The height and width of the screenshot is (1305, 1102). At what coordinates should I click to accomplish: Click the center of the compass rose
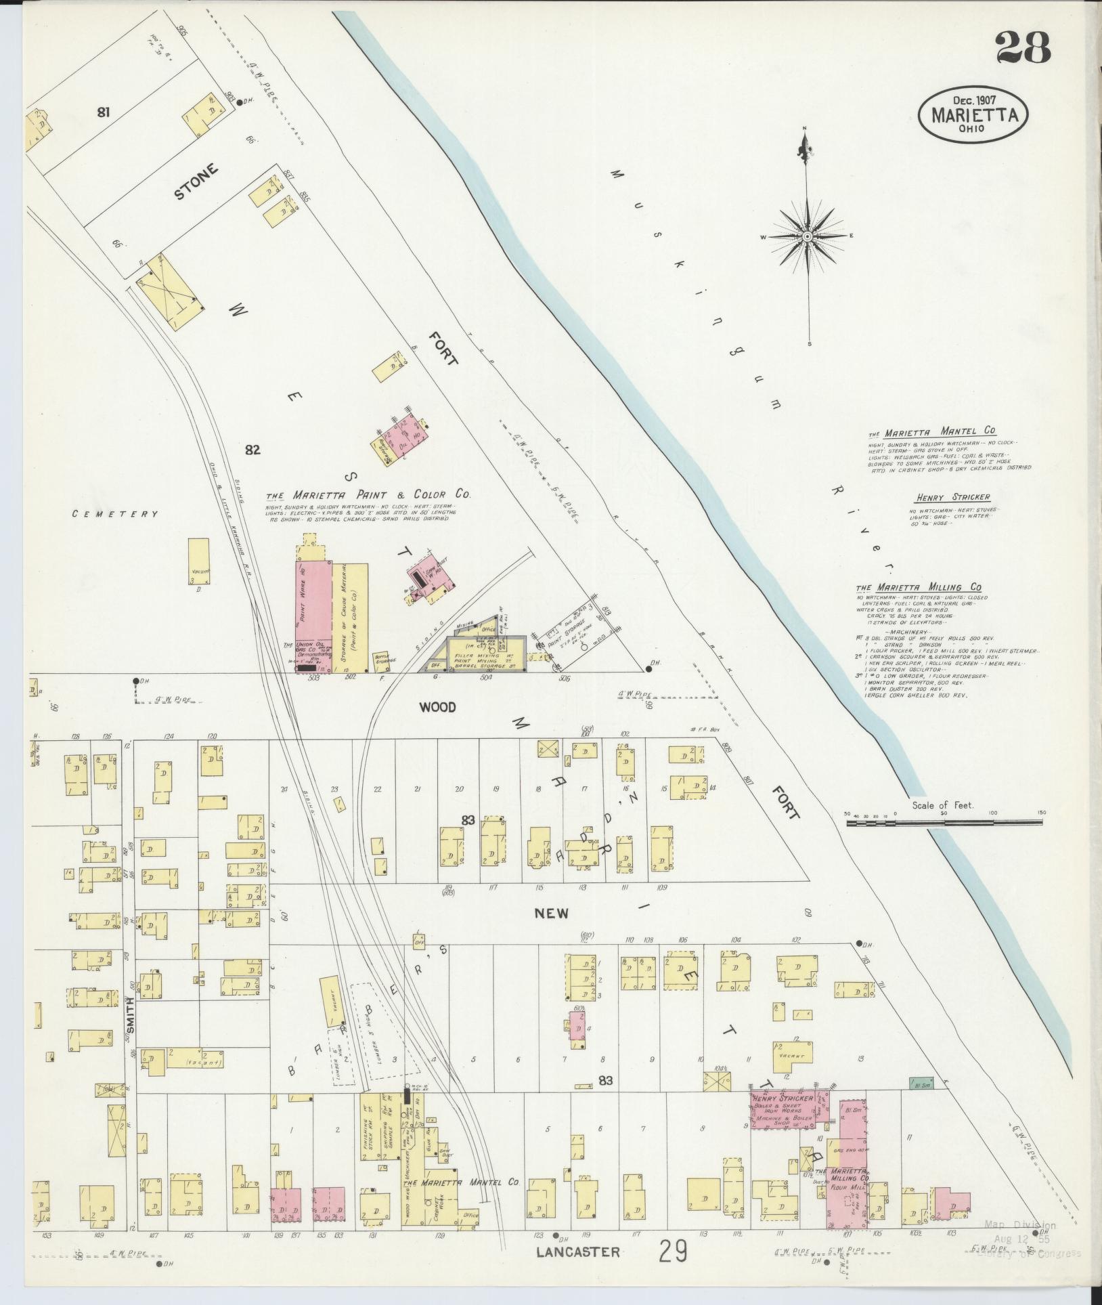click(x=808, y=236)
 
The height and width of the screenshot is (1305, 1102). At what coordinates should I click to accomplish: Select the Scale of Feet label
click(x=942, y=805)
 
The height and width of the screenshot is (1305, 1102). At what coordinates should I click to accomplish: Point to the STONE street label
click(x=197, y=182)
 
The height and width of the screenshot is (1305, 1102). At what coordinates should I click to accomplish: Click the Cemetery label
click(x=115, y=514)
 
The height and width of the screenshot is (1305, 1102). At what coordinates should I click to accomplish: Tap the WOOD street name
click(x=437, y=707)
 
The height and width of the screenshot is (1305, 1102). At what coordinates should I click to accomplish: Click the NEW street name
click(x=551, y=914)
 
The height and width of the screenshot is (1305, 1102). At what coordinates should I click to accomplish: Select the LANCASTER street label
click(x=577, y=1252)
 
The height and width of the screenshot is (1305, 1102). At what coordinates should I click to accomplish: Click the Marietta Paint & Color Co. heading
click(x=368, y=494)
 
